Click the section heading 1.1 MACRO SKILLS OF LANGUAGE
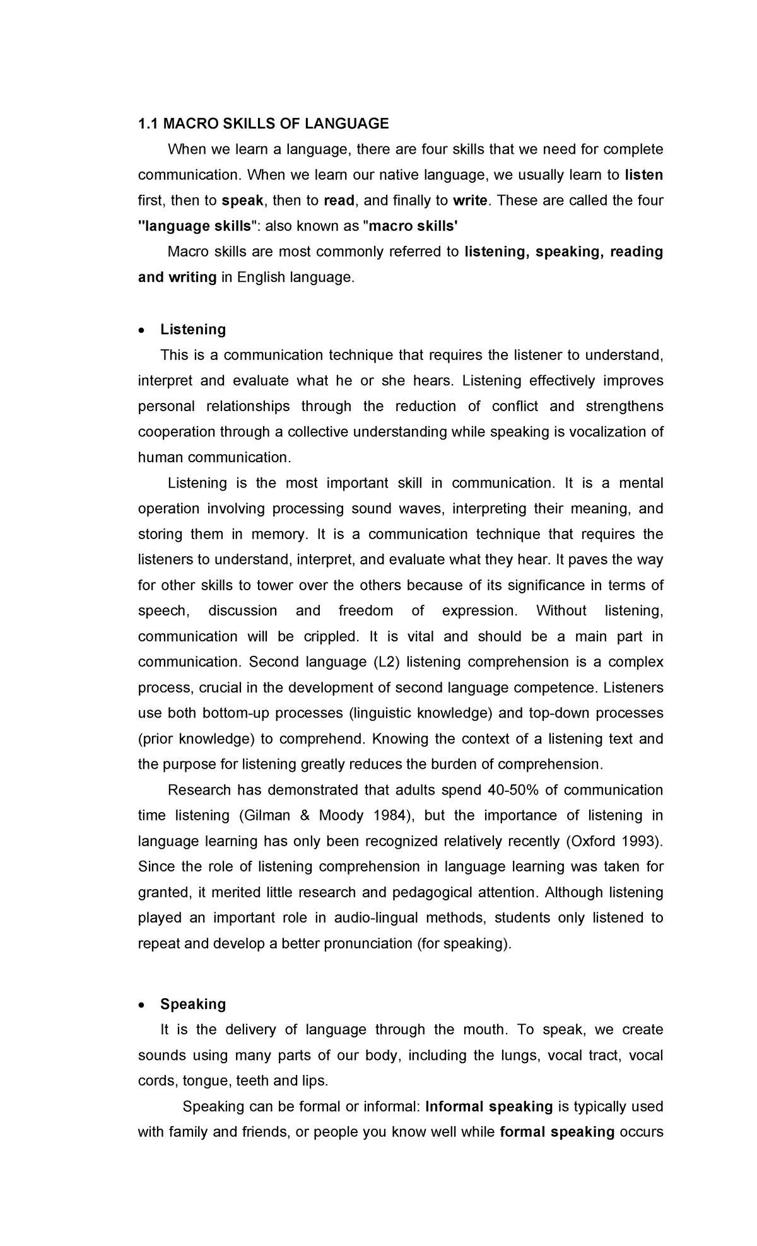[263, 124]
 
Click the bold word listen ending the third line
[643, 175]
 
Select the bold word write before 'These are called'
[470, 201]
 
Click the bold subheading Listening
[193, 329]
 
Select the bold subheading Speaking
[193, 1004]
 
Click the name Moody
[341, 815]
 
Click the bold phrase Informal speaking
[489, 1107]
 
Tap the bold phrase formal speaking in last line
[556, 1132]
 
